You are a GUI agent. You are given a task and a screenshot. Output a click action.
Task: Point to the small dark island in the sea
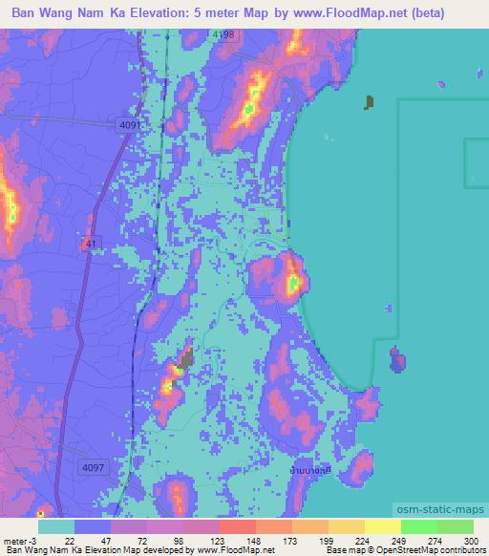point(370,101)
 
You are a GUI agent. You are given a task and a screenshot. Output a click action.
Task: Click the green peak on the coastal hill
point(292,283)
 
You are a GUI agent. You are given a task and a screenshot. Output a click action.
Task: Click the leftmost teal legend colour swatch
point(55,526)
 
